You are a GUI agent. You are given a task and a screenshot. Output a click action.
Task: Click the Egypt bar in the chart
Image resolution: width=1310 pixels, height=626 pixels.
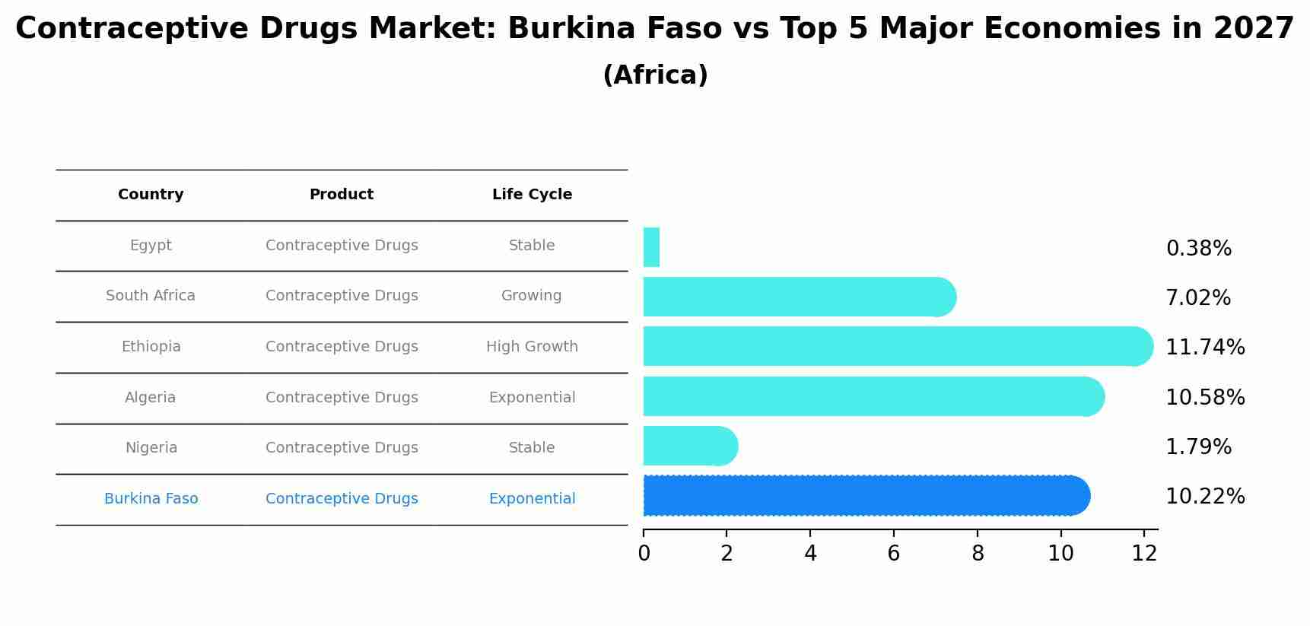651,247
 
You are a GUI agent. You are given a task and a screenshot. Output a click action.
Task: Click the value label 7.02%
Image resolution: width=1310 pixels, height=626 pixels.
1198,297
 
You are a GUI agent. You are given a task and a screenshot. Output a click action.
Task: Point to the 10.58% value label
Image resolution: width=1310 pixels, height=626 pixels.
1205,397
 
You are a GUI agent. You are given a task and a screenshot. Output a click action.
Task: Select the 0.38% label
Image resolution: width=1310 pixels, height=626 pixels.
1198,248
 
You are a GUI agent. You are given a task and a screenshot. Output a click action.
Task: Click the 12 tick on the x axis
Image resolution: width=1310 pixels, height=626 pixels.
1144,554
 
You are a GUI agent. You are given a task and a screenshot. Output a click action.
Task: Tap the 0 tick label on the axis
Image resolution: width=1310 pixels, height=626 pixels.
644,554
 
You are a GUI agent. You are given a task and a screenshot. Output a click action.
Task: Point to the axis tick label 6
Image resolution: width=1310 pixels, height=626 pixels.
894,554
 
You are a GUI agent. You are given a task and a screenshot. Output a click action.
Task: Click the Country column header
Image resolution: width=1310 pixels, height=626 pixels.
151,195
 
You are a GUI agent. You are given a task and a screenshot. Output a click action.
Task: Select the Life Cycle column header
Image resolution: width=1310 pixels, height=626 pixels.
532,195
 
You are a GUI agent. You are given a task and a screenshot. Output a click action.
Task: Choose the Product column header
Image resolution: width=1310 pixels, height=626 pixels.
342,195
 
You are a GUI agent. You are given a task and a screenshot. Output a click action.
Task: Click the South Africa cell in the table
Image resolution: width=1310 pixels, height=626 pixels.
151,296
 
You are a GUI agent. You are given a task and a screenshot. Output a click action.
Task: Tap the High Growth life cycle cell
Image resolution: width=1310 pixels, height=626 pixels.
532,347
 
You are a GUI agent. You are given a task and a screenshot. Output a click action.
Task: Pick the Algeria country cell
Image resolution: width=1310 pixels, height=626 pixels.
151,398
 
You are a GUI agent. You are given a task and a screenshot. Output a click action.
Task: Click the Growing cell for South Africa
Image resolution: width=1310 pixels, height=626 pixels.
532,296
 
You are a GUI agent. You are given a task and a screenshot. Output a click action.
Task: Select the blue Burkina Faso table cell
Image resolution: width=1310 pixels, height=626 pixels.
151,499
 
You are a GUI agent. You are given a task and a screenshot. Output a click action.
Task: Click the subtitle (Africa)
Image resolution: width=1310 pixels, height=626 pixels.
655,75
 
